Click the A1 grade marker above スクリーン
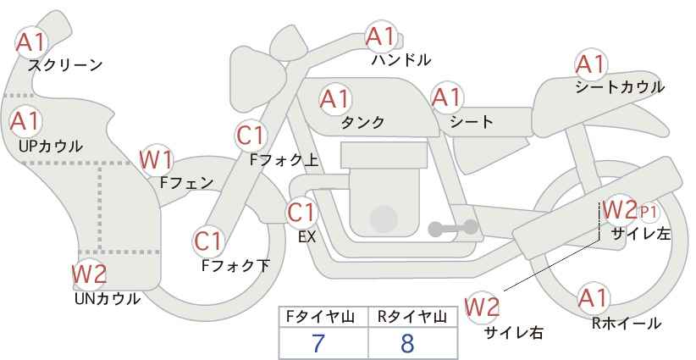[31, 42]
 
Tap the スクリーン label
[65, 66]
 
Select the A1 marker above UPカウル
[25, 121]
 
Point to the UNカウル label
[108, 299]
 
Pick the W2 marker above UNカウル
[89, 274]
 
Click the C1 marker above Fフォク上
[251, 136]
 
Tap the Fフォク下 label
[235, 265]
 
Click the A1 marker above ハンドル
[381, 36]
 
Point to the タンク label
[362, 122]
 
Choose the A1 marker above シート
[448, 97]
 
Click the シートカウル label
[620, 87]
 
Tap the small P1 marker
[649, 212]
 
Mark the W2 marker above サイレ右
[482, 307]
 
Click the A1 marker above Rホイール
[594, 298]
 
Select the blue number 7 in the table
[318, 343]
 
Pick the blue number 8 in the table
[407, 343]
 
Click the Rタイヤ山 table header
[412, 317]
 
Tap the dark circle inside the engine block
[384, 219]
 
